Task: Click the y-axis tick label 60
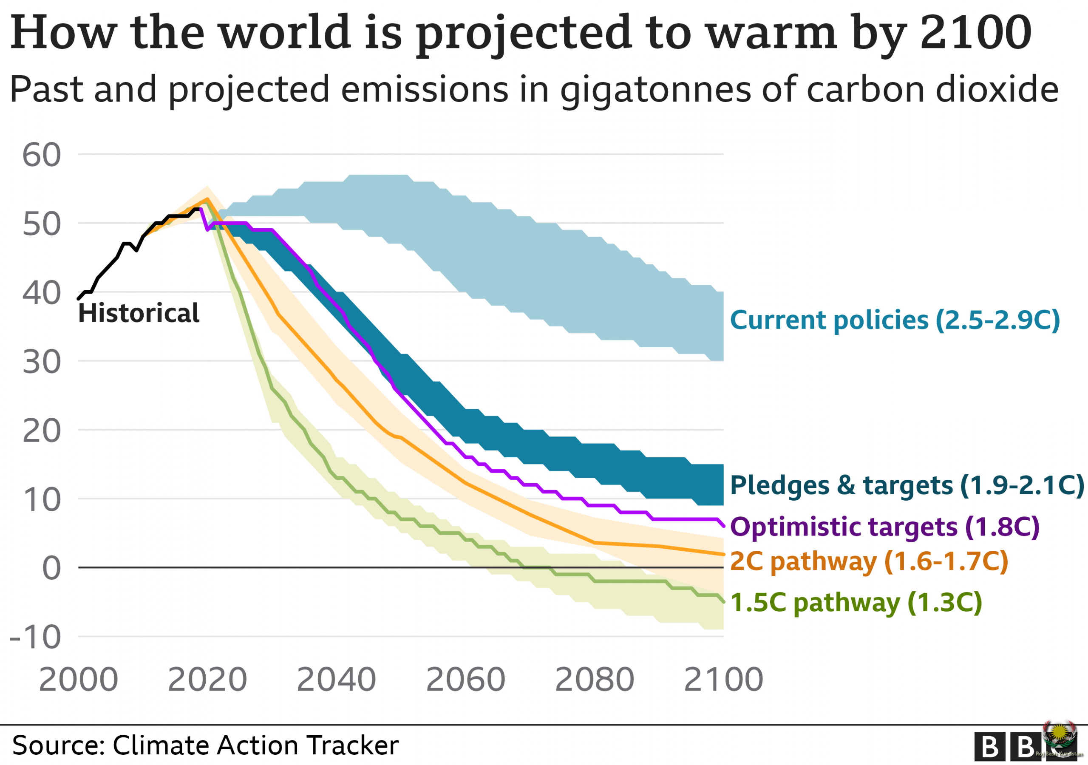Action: click(x=42, y=155)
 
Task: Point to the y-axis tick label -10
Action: click(x=36, y=637)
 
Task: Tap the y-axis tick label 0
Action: click(x=51, y=568)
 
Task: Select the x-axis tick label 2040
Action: click(x=336, y=680)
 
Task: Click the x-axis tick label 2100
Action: click(x=723, y=680)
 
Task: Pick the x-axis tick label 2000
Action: click(x=78, y=680)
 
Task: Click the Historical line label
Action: click(x=139, y=313)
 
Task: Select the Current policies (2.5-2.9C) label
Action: click(x=895, y=320)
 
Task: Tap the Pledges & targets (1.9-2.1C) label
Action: click(x=907, y=485)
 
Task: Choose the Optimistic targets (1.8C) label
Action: click(x=885, y=527)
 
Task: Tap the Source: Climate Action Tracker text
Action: click(x=205, y=745)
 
